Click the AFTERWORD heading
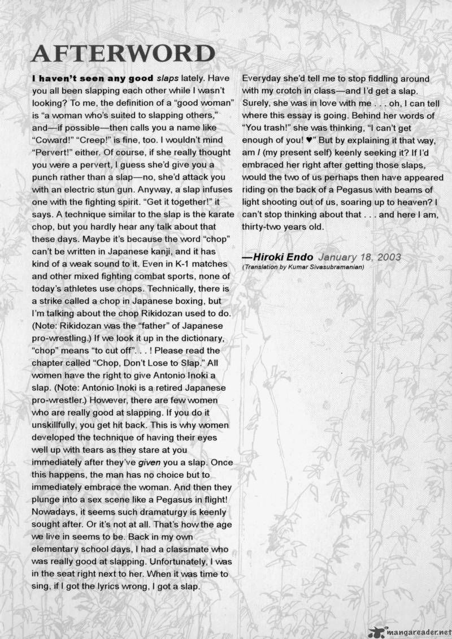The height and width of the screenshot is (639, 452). click(123, 54)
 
